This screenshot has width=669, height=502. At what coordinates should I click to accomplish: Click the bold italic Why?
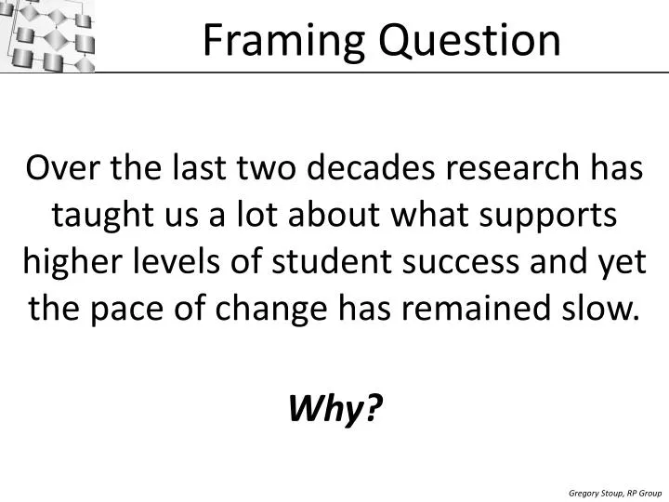pos(334,406)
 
